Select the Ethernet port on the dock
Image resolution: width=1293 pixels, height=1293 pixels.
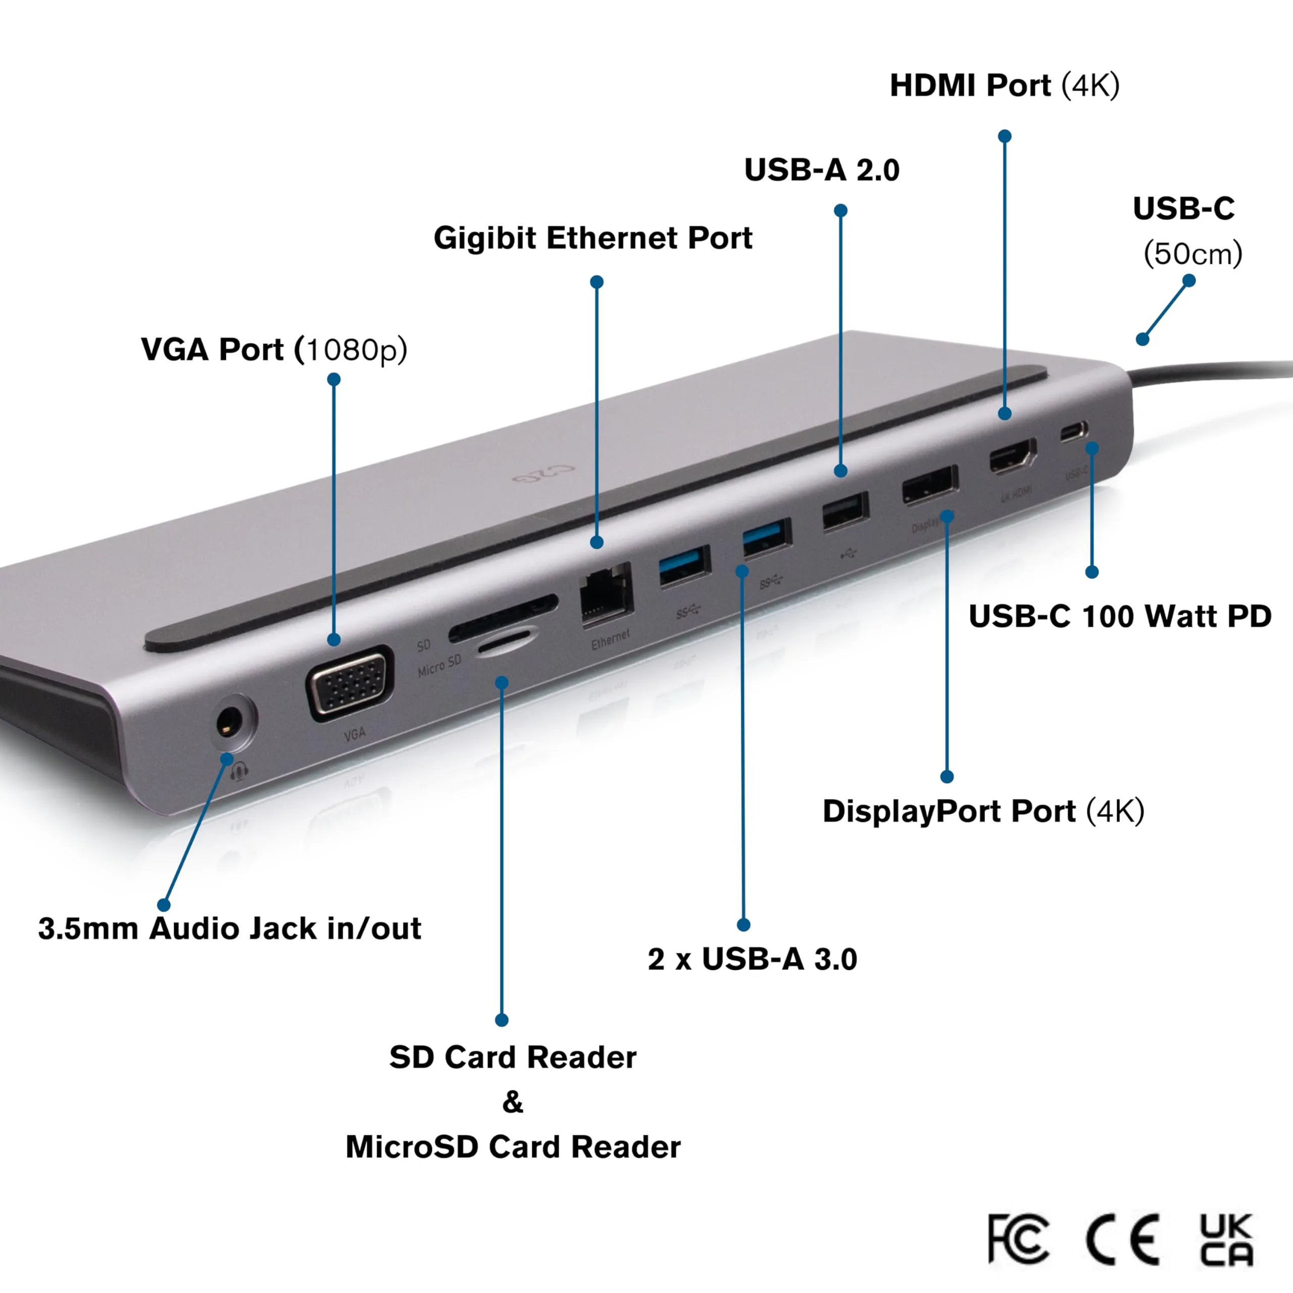click(606, 595)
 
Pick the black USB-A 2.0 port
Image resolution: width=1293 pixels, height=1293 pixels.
click(846, 513)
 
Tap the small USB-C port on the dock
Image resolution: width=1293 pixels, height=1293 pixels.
click(1073, 431)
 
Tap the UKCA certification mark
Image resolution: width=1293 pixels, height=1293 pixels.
click(1226, 1239)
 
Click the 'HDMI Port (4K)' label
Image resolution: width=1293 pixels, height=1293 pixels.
click(1004, 86)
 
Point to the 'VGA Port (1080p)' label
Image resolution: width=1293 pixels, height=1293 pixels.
click(274, 350)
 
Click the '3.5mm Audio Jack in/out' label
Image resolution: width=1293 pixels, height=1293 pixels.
click(229, 928)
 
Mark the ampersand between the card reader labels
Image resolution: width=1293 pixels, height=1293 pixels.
click(513, 1101)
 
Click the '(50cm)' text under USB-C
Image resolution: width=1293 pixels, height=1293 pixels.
click(1192, 254)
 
